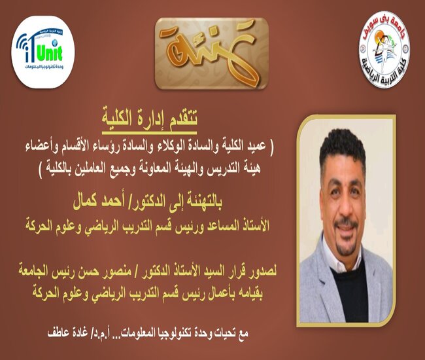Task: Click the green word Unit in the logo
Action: pyautogui.click(x=49, y=54)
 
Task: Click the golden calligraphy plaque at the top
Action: pyautogui.click(x=211, y=54)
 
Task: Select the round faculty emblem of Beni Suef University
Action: pyautogui.click(x=384, y=50)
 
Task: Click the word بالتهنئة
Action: pyautogui.click(x=200, y=202)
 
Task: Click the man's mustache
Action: pyautogui.click(x=346, y=224)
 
